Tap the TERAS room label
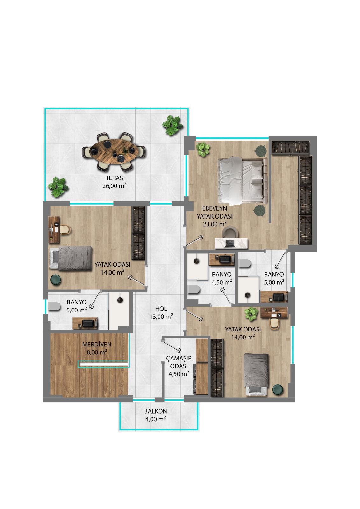[x=114, y=178]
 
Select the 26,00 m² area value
[x=114, y=186]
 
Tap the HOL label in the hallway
[x=161, y=309]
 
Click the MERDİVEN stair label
[x=97, y=344]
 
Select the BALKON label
[x=156, y=411]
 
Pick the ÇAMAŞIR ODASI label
[x=179, y=362]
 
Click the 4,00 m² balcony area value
[x=156, y=419]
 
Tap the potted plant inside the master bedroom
[x=203, y=149]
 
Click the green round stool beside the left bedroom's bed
[x=56, y=280]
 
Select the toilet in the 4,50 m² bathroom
[x=194, y=289]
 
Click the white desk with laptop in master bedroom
[x=231, y=243]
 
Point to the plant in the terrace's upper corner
[x=172, y=125]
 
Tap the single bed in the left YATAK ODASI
[x=71, y=258]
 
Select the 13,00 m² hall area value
[x=161, y=317]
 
